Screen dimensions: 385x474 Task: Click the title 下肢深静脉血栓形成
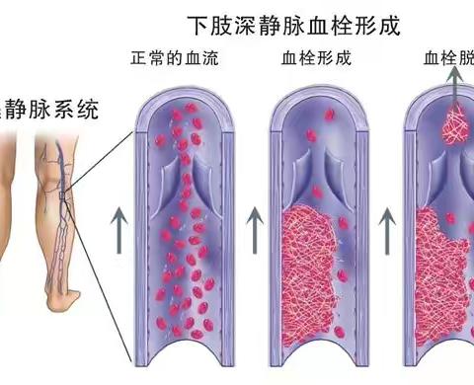[296, 22]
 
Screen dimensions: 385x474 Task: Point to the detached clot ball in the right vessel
[455, 125]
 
